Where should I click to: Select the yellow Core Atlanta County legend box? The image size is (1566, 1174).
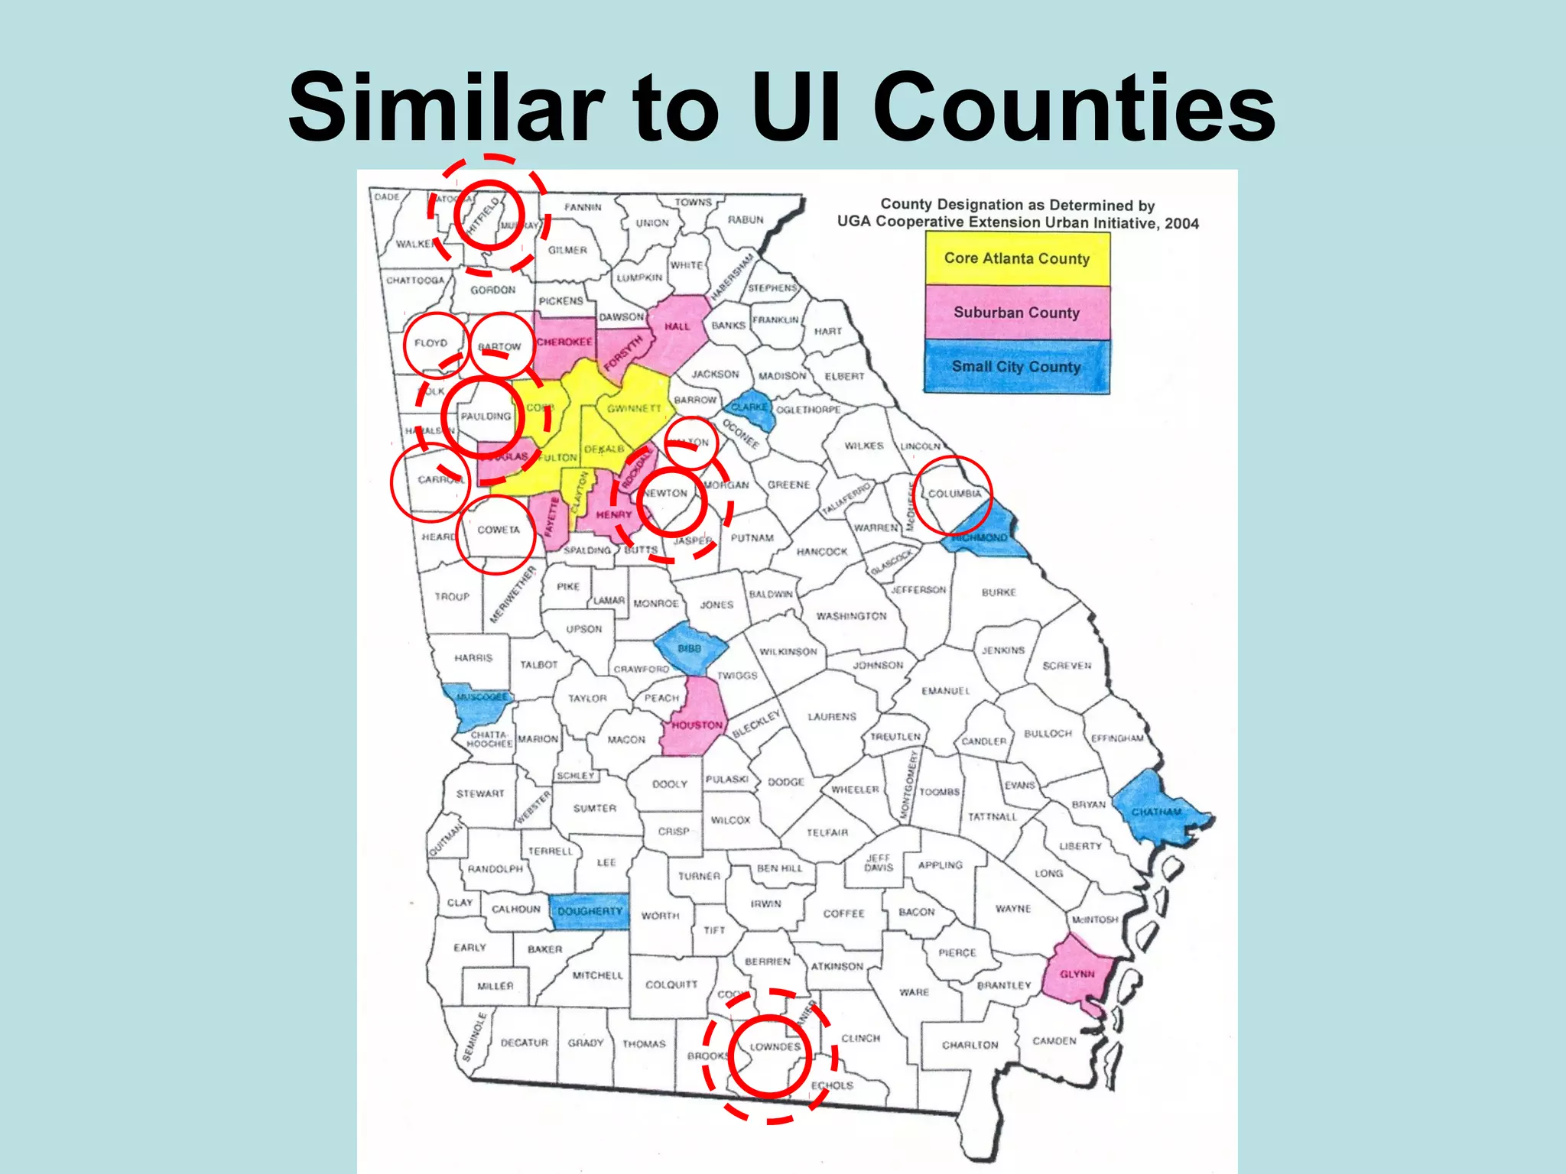click(x=1016, y=258)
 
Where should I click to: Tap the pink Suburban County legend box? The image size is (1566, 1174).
click(x=1016, y=313)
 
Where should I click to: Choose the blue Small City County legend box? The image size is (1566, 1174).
click(x=1016, y=367)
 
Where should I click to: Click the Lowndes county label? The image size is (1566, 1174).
click(x=775, y=1046)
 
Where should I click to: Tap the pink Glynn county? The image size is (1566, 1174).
click(x=1077, y=974)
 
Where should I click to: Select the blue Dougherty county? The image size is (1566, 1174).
click(x=590, y=911)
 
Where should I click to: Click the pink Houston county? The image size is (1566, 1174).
click(x=697, y=722)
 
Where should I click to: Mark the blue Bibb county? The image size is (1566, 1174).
click(x=690, y=648)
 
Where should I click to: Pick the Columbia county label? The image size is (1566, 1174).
click(x=954, y=494)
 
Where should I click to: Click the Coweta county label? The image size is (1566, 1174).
click(x=498, y=530)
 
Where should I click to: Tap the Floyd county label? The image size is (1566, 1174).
click(x=430, y=343)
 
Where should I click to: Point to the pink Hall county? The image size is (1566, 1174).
click(x=677, y=326)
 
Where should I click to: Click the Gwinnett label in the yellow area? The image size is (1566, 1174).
click(x=634, y=409)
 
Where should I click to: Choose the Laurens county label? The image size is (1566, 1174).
click(x=832, y=717)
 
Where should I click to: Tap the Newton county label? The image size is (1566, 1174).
click(x=665, y=494)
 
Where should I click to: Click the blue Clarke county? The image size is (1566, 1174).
click(x=750, y=409)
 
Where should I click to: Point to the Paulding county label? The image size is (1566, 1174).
click(x=486, y=417)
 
